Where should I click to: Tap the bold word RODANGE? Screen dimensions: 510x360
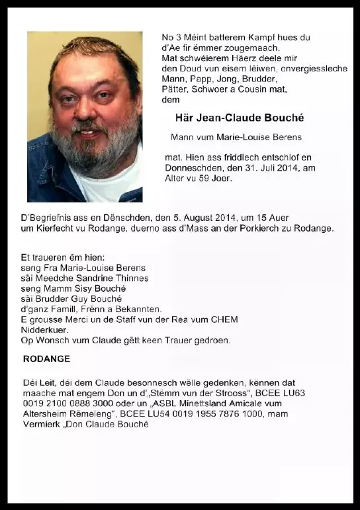(46, 359)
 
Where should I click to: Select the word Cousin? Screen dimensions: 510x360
(261, 89)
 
